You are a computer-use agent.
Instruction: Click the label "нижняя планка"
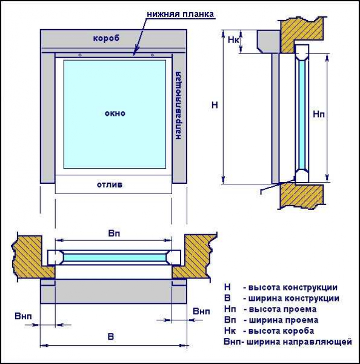tap(180, 15)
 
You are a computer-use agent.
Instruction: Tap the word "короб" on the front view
tap(106, 38)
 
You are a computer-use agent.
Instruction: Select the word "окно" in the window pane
tap(115, 113)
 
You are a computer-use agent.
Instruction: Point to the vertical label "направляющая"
tap(178, 106)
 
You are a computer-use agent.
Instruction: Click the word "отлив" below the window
tap(110, 185)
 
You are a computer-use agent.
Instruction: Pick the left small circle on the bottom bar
tap(80, 55)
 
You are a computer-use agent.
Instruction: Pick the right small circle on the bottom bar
tap(152, 55)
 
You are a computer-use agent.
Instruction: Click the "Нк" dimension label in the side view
tap(233, 40)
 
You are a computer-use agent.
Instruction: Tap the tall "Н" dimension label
tap(215, 105)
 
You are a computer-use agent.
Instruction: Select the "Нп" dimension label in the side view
tap(319, 114)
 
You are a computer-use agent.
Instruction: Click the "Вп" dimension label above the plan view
tap(114, 234)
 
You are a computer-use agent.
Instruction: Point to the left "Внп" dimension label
tap(23, 316)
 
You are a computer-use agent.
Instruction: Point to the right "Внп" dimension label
tap(201, 311)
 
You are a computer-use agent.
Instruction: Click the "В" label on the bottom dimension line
tap(111, 337)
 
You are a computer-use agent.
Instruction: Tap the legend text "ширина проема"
tap(284, 320)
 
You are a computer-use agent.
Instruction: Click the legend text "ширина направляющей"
tap(299, 342)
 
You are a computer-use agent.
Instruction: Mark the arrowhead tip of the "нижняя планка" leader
tap(134, 55)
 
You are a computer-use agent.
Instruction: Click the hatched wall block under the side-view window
tap(302, 195)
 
